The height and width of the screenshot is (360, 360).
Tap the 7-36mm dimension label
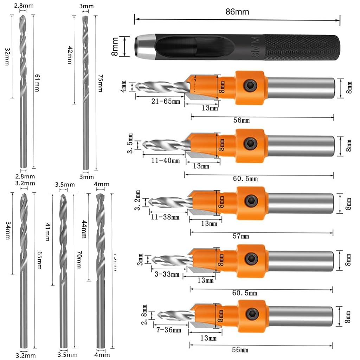(169, 330)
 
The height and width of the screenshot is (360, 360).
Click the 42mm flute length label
(69, 55)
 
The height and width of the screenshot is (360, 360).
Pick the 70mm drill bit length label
(79, 261)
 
